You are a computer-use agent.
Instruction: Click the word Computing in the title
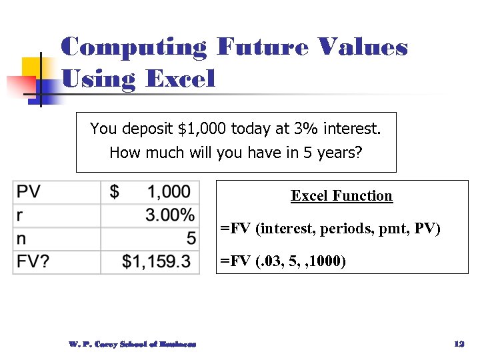(x=134, y=48)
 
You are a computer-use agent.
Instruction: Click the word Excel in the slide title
(x=180, y=79)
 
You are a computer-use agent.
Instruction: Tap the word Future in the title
(x=263, y=48)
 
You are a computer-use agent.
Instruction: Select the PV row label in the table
(x=29, y=192)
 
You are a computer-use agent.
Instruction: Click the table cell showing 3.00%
(x=170, y=215)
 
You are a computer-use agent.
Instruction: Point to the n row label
(x=22, y=238)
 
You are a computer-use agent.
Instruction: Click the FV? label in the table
(x=33, y=261)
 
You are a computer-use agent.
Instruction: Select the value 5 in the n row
(x=191, y=238)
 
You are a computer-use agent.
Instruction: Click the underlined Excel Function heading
(x=341, y=196)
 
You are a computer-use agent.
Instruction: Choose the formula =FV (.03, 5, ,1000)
(x=283, y=261)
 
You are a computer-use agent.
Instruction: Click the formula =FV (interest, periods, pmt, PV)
(x=330, y=229)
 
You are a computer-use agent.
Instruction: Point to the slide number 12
(x=458, y=344)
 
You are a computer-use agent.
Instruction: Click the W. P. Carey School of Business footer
(x=132, y=344)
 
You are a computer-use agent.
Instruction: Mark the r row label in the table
(x=20, y=215)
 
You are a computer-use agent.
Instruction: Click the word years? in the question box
(x=337, y=153)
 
